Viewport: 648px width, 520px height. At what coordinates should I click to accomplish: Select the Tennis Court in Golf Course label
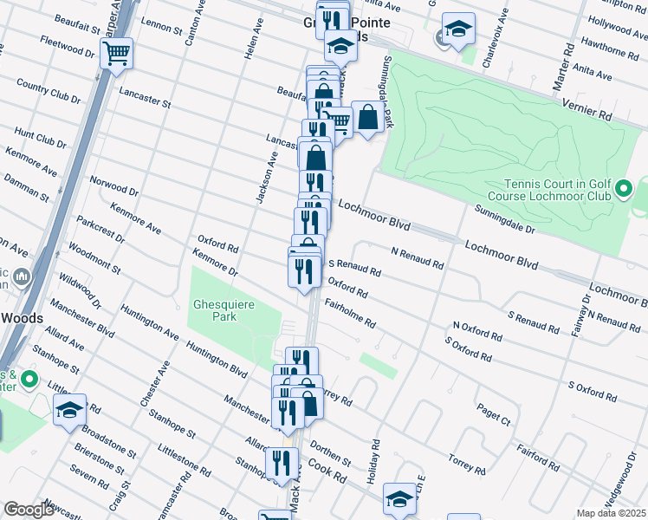(x=559, y=189)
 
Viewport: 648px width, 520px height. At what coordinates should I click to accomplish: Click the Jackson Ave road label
(x=265, y=177)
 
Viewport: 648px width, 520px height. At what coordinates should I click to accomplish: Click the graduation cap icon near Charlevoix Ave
(x=458, y=29)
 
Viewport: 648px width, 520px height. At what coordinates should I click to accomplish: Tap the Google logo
(x=29, y=510)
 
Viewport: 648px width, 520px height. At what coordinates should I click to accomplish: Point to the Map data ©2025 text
(x=611, y=513)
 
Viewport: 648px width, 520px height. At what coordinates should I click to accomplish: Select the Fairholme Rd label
(x=350, y=314)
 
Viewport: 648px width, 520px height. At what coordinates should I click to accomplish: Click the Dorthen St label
(x=334, y=456)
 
